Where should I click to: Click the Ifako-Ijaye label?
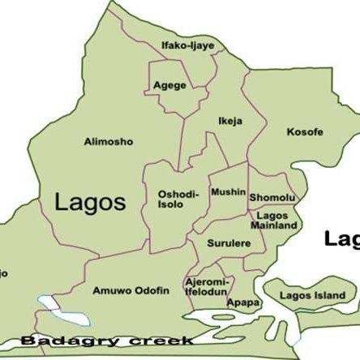point(187,45)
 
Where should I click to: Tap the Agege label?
point(169,85)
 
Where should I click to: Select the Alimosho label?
point(109,142)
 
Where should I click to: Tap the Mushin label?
point(227,192)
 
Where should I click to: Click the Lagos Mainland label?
point(276,220)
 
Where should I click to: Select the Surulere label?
point(225,242)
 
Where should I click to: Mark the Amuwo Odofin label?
point(131,290)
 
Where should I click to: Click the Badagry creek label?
point(106,341)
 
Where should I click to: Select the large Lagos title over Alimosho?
point(89,203)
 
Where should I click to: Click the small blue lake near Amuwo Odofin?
point(53,306)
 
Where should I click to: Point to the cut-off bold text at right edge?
point(341,238)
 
